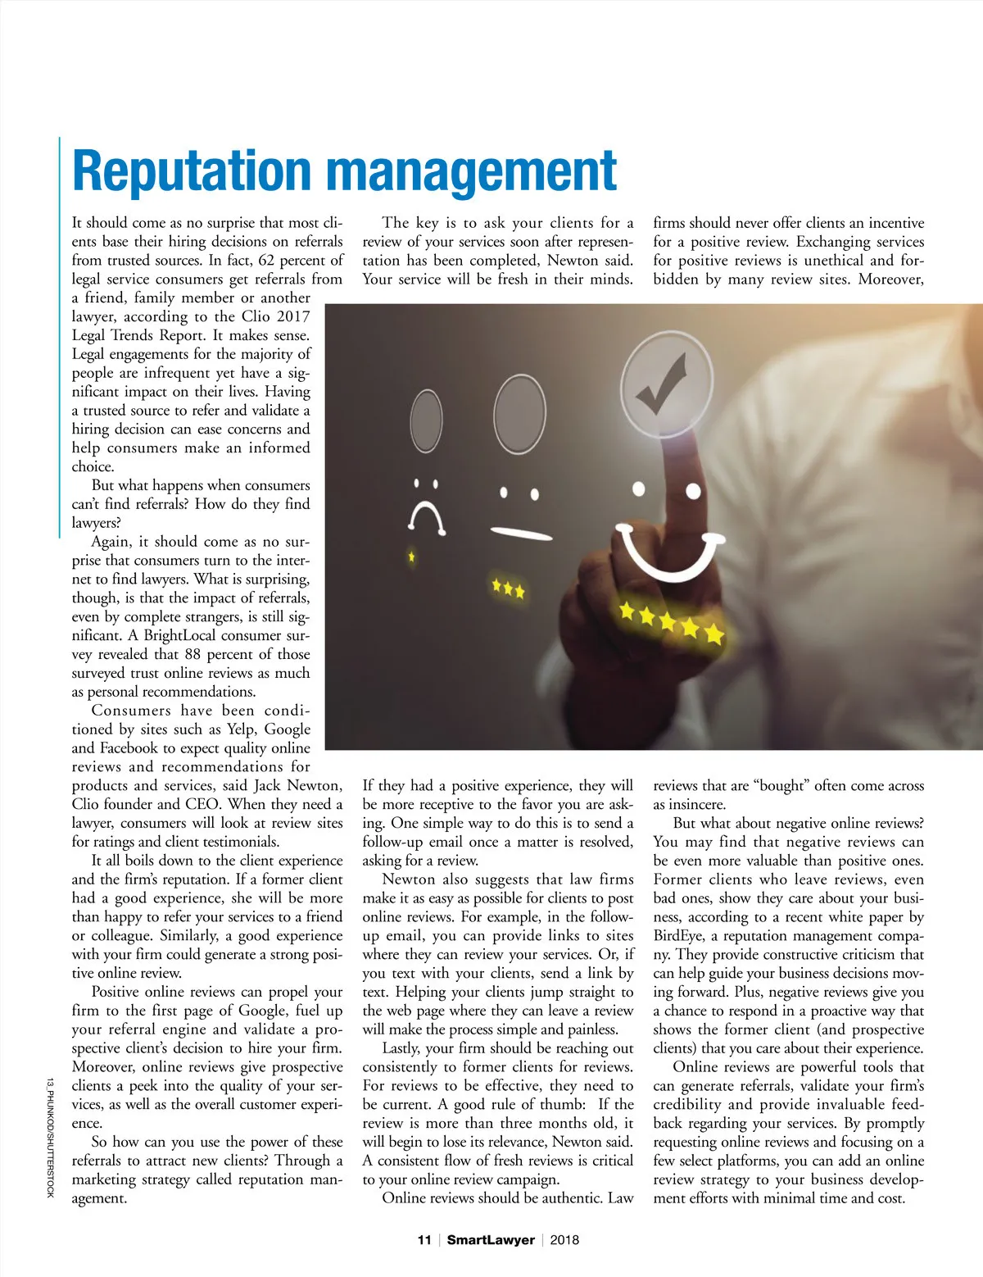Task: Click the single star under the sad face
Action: pyautogui.click(x=411, y=557)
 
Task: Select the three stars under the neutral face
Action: pyautogui.click(x=508, y=589)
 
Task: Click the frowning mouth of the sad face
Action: pyautogui.click(x=426, y=516)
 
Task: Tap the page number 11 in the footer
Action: pyautogui.click(x=424, y=1240)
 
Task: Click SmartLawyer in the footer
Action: pyautogui.click(x=490, y=1240)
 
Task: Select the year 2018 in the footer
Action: pyautogui.click(x=564, y=1240)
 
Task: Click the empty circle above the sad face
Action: pyautogui.click(x=426, y=420)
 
